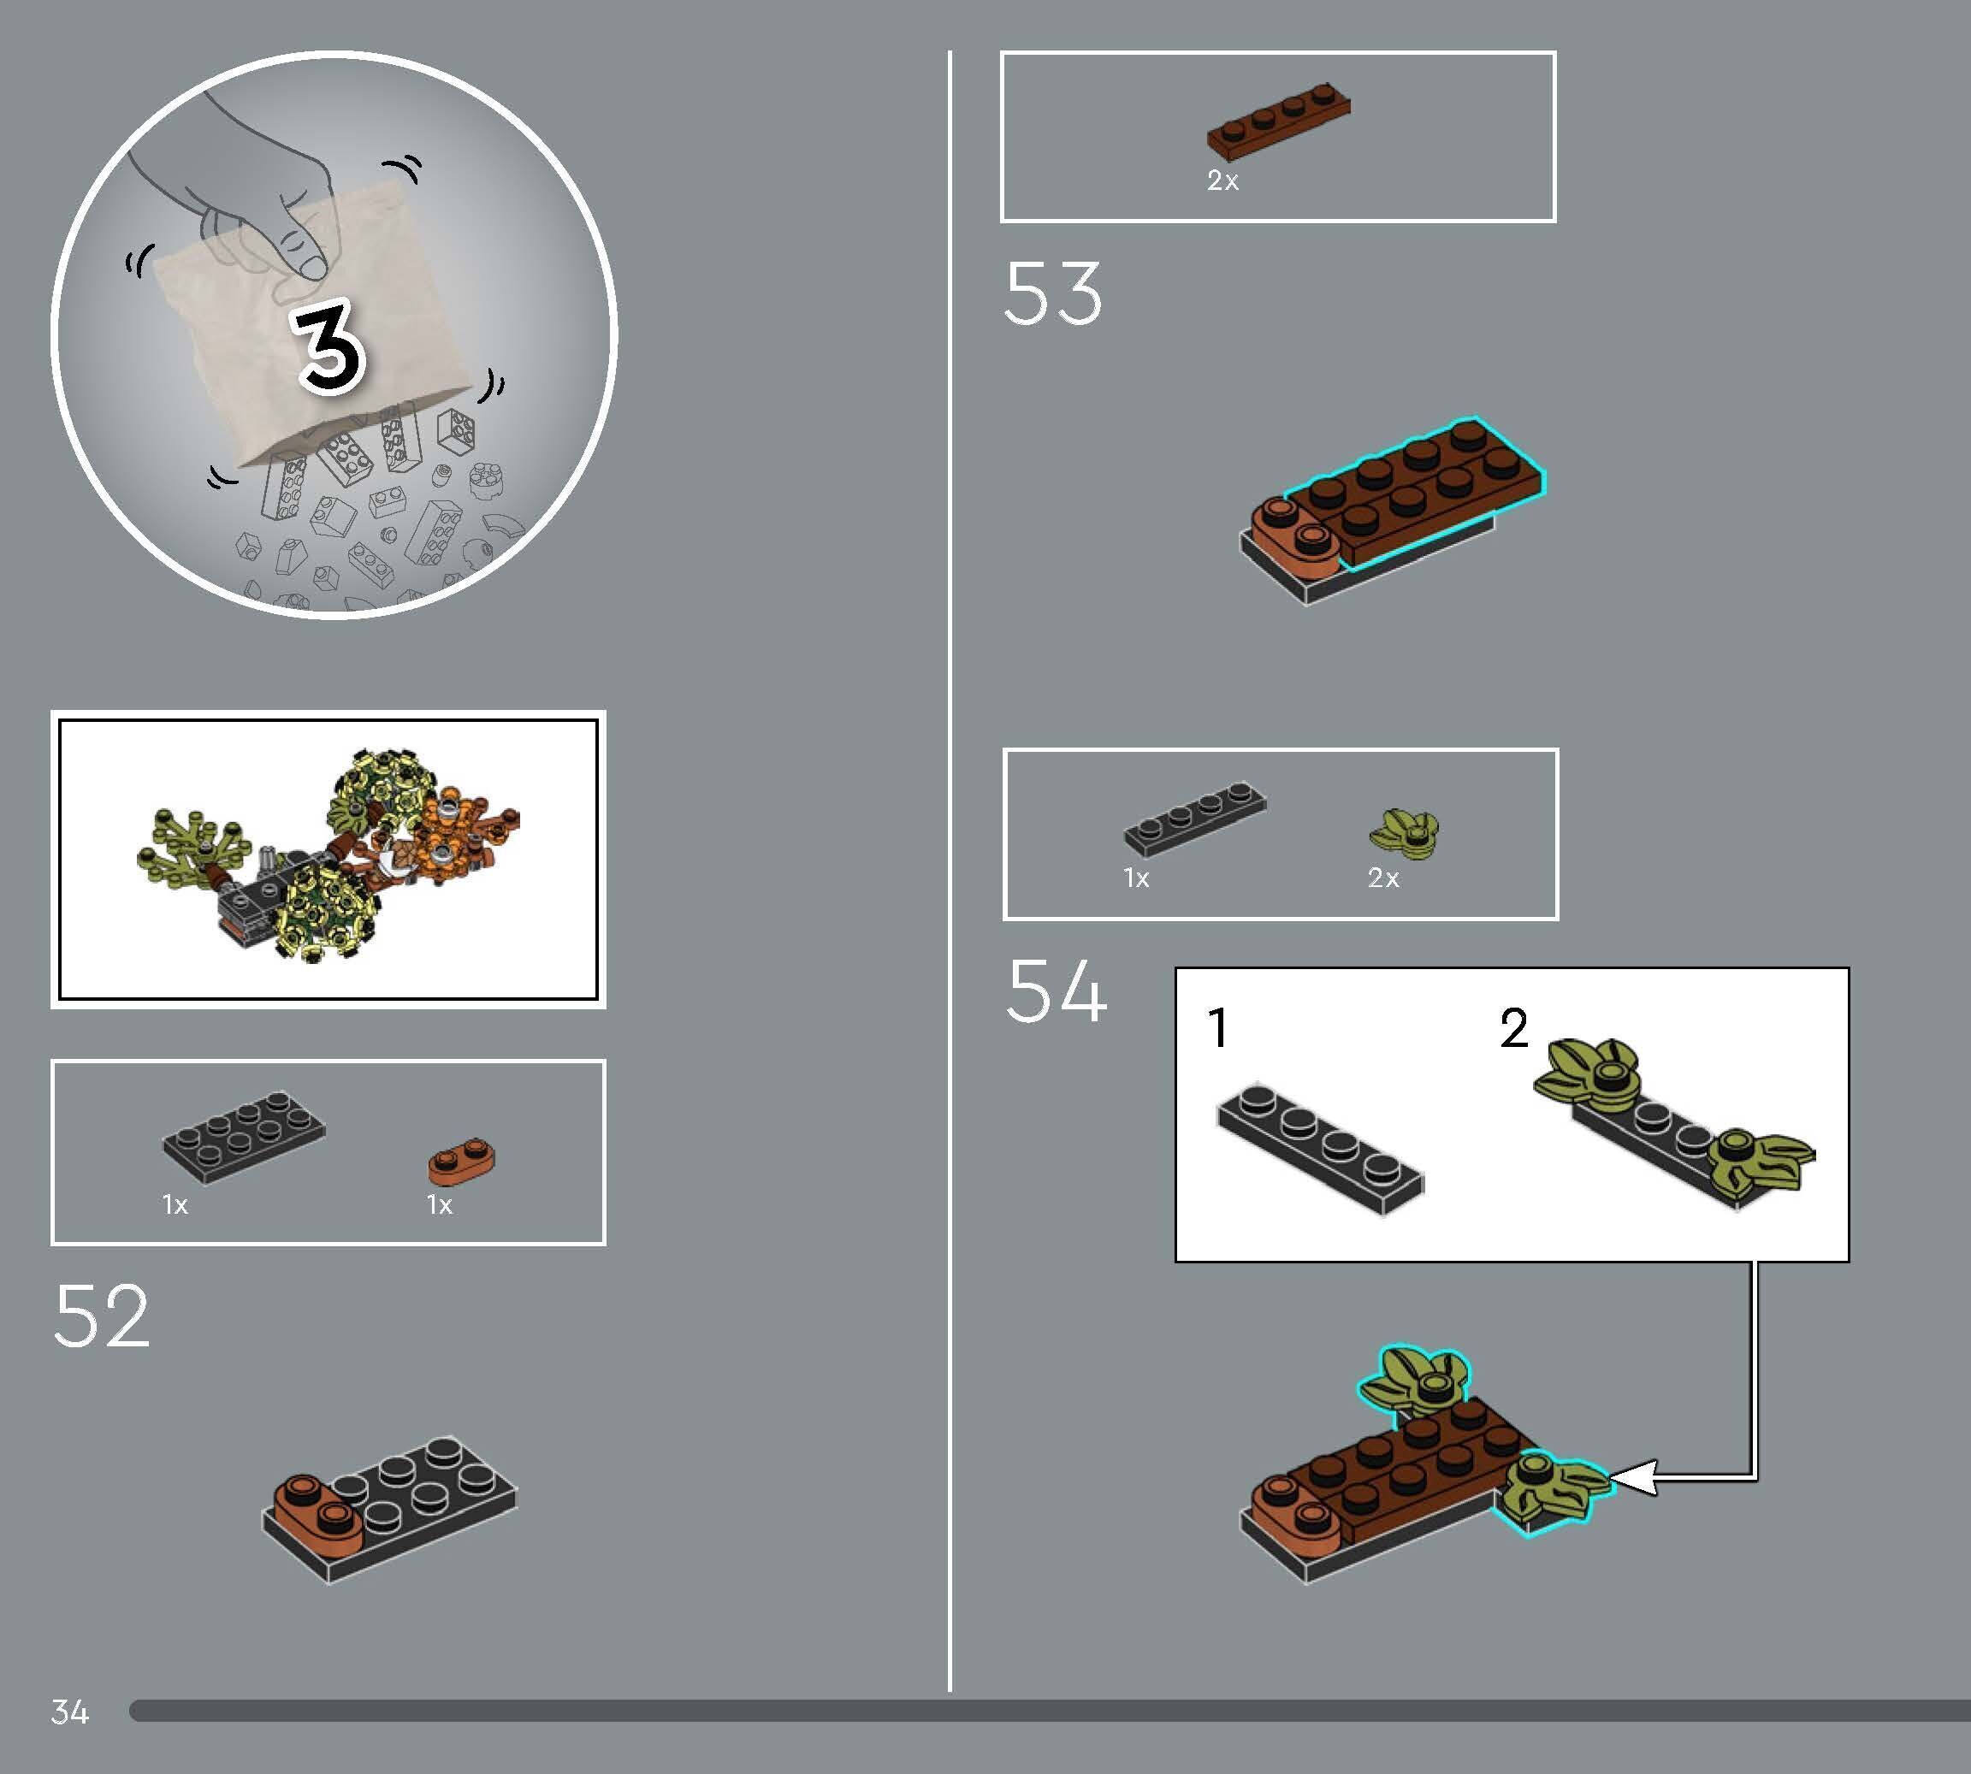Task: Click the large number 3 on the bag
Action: pyautogui.click(x=329, y=348)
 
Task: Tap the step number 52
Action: pyautogui.click(x=102, y=1315)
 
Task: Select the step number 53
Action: pyautogui.click(x=1053, y=293)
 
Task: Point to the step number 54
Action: pyautogui.click(x=1056, y=990)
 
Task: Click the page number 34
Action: pyautogui.click(x=70, y=1712)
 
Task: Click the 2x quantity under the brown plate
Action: pyautogui.click(x=1222, y=180)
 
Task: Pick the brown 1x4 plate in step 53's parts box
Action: pyautogui.click(x=1278, y=121)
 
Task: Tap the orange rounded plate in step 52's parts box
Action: pyautogui.click(x=462, y=1160)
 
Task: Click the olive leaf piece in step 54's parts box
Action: pyautogui.click(x=1405, y=834)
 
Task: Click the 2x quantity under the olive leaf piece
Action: pyautogui.click(x=1383, y=878)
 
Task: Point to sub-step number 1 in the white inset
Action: pyautogui.click(x=1217, y=1028)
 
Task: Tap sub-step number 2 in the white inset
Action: pyautogui.click(x=1514, y=1028)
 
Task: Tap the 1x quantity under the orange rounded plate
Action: pyautogui.click(x=440, y=1206)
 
